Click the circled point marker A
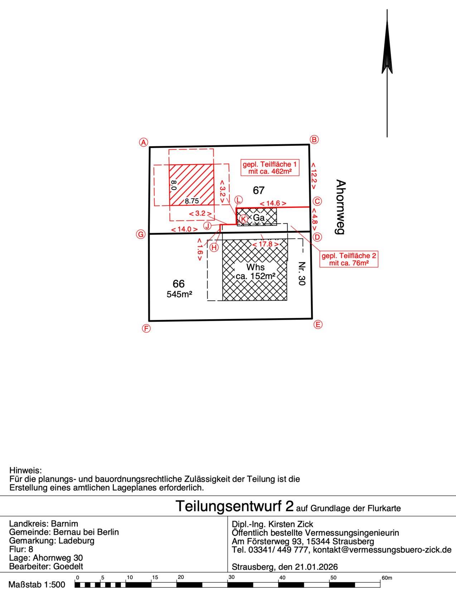[x=144, y=142]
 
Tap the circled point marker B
[x=314, y=139]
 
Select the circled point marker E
[x=318, y=324]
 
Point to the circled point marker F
[x=146, y=329]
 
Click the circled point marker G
[x=141, y=234]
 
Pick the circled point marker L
[x=238, y=200]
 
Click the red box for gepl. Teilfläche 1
[x=270, y=167]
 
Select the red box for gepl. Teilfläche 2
[x=349, y=259]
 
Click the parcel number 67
[x=258, y=190]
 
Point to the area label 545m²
[x=179, y=294]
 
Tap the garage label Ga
[x=258, y=218]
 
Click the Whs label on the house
[x=255, y=267]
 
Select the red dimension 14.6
[x=273, y=203]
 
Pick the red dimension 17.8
[x=265, y=244]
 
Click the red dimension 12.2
[x=314, y=176]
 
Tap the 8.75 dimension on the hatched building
[x=192, y=201]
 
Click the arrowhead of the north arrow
[x=387, y=46]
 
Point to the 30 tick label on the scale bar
[x=231, y=577]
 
